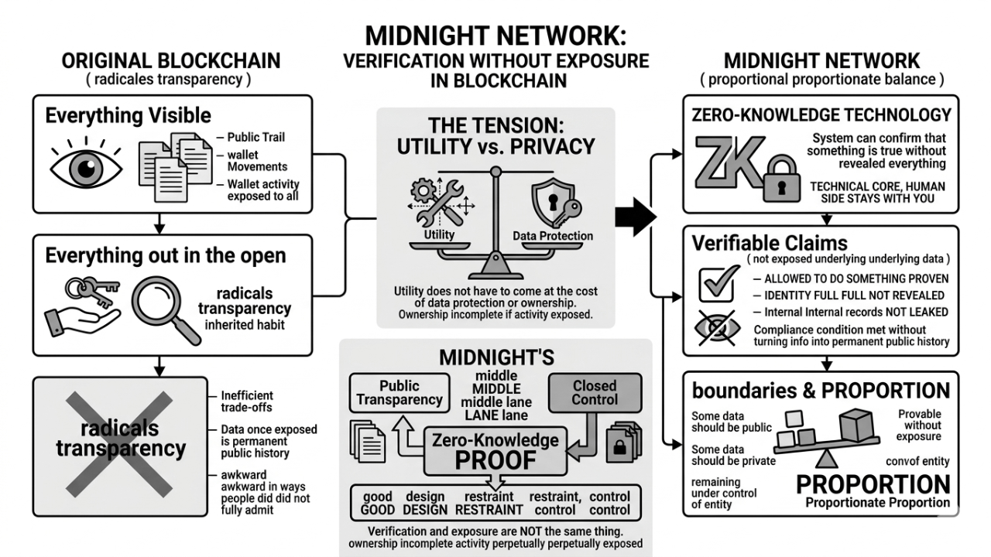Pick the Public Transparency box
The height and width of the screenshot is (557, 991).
(x=399, y=392)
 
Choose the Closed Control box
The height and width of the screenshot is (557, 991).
(x=595, y=392)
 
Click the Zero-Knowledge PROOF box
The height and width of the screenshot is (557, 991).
(x=495, y=451)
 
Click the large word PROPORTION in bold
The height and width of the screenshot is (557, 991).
(x=873, y=484)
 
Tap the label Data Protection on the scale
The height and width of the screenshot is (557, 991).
(x=553, y=236)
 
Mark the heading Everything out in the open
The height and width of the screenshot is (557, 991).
(x=165, y=256)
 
